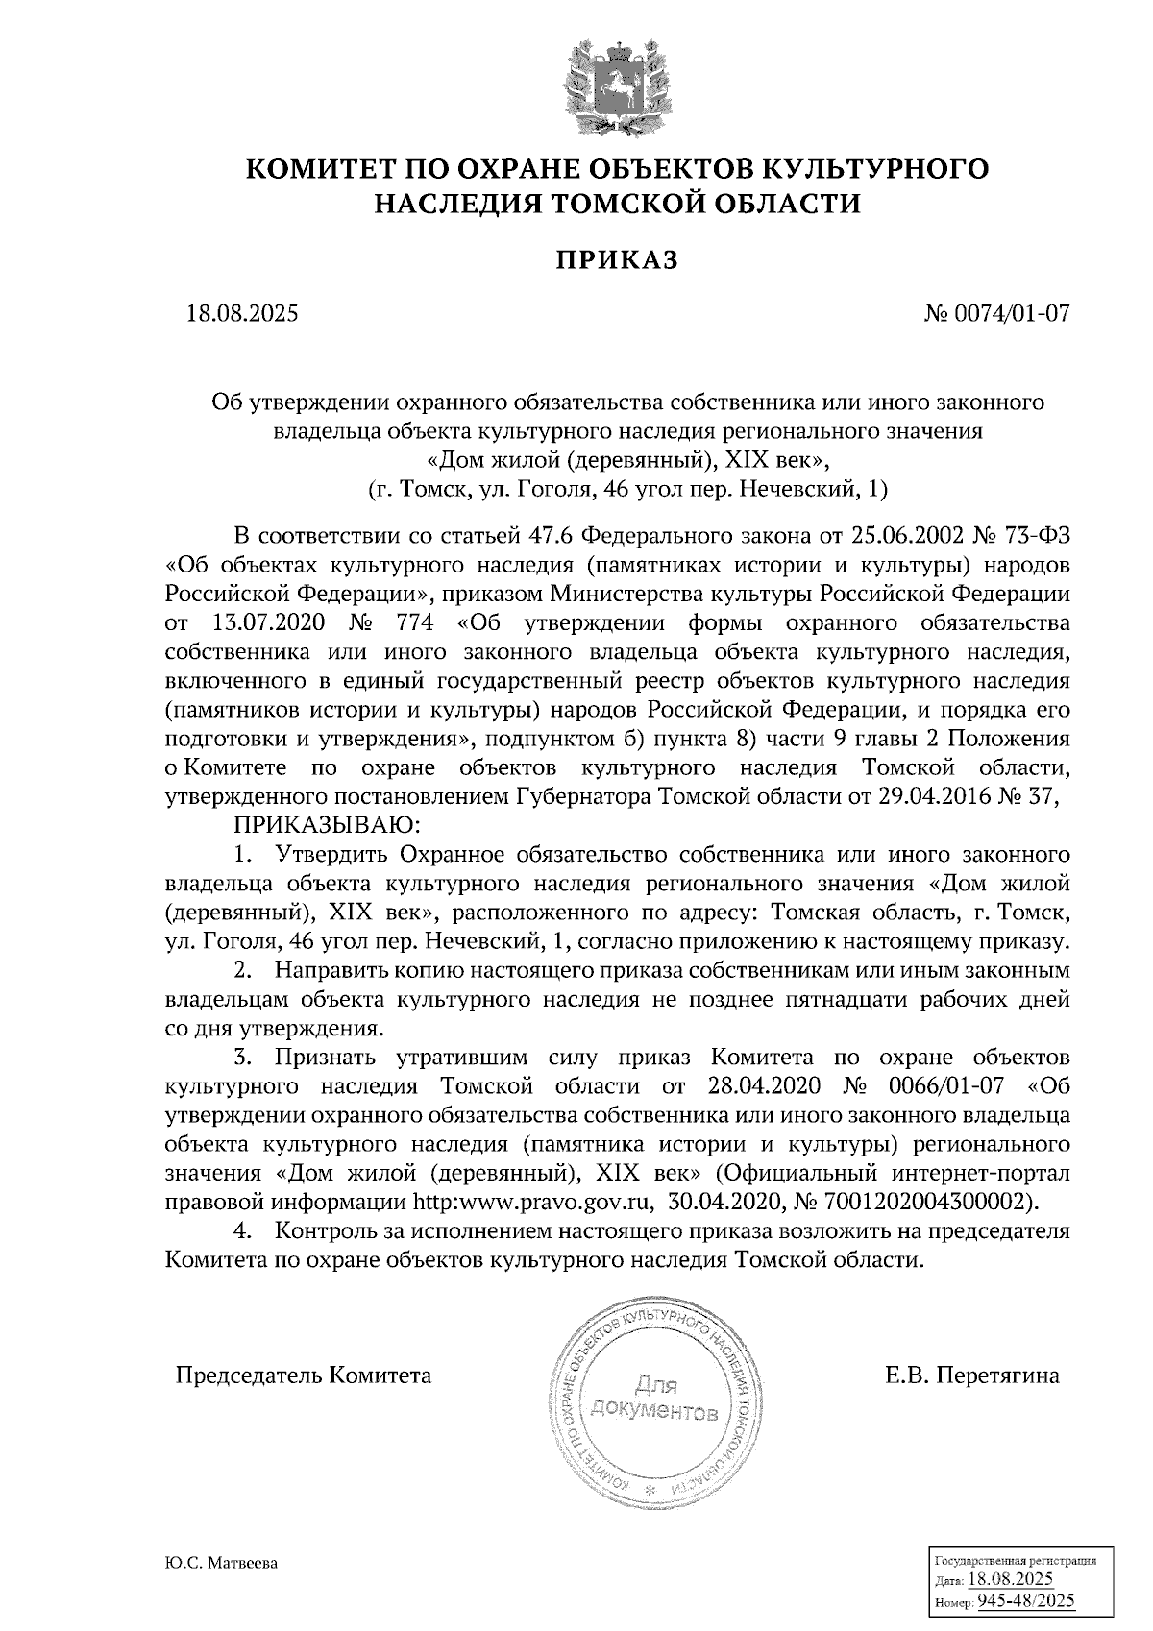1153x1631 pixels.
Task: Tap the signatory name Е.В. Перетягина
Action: click(x=972, y=1375)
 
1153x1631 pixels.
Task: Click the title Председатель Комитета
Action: click(x=303, y=1375)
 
